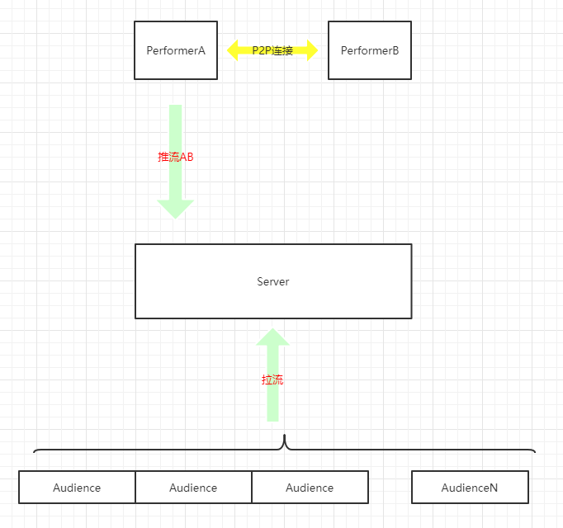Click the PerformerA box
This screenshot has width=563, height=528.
click(176, 50)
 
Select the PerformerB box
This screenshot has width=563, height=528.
click(370, 50)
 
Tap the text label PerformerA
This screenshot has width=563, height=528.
click(176, 50)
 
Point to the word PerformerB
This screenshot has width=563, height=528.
click(370, 50)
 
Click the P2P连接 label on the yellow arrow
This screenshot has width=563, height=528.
click(272, 50)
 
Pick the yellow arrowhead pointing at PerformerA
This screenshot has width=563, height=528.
click(232, 50)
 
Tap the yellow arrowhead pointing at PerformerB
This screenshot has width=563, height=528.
click(312, 50)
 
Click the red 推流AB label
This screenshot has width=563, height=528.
click(176, 157)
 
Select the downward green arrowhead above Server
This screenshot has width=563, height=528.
click(176, 210)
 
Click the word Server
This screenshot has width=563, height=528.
click(273, 281)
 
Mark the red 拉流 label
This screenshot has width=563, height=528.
click(272, 379)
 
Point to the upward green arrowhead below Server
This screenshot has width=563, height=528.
click(272, 337)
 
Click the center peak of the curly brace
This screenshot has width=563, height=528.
click(284, 436)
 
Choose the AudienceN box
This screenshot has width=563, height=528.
click(470, 487)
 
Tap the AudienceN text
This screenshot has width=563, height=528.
click(470, 488)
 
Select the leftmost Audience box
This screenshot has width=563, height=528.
click(77, 487)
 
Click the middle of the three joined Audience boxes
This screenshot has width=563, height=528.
click(193, 487)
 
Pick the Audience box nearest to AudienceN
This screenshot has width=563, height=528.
click(310, 487)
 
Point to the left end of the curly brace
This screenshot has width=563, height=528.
click(34, 452)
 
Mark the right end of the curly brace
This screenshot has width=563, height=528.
click(535, 452)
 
